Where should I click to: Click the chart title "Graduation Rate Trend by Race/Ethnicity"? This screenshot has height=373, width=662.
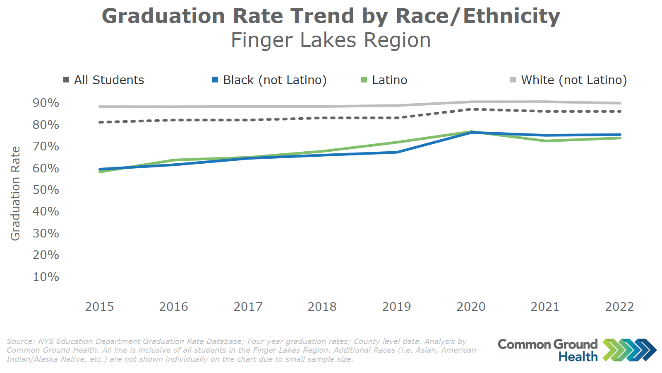click(331, 17)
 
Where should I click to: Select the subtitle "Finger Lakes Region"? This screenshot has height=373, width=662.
click(331, 41)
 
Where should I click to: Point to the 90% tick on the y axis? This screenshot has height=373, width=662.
click(46, 103)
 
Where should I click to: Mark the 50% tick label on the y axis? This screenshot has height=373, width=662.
click(46, 190)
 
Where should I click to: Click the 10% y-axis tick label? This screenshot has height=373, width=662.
click(46, 277)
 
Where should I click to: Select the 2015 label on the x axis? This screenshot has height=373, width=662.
click(99, 307)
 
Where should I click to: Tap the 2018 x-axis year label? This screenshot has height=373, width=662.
click(322, 307)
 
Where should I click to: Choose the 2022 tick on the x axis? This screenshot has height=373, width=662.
click(619, 307)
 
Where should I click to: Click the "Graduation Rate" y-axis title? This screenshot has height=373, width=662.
click(15, 194)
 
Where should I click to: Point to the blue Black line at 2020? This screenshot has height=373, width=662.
click(471, 133)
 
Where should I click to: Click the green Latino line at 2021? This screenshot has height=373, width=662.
click(546, 141)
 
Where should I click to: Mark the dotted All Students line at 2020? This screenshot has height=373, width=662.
click(471, 109)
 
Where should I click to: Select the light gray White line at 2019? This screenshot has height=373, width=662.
click(397, 106)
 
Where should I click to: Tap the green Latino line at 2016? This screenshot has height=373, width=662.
click(174, 160)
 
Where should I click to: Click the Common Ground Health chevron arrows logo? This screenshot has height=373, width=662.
click(629, 350)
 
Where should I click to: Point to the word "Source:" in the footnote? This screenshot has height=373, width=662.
click(21, 342)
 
